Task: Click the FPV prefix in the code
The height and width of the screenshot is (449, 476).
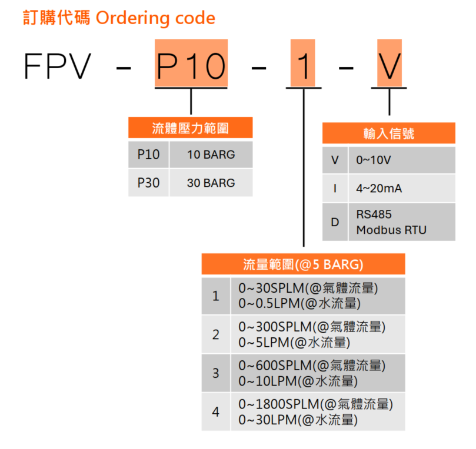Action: click(58, 66)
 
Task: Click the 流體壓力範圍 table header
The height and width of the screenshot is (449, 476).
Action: click(190, 128)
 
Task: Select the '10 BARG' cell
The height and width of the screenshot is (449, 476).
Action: click(211, 155)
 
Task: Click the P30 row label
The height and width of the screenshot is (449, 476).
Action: click(148, 183)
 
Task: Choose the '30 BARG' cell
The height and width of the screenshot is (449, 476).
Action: click(211, 183)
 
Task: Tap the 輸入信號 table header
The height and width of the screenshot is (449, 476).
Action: click(388, 133)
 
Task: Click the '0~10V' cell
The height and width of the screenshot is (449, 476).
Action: click(402, 160)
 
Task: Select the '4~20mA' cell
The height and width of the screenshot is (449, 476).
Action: click(402, 189)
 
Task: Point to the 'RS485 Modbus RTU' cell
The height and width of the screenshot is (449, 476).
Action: click(402, 222)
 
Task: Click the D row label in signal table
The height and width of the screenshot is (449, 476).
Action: click(335, 222)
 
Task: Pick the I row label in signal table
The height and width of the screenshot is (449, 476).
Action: click(335, 189)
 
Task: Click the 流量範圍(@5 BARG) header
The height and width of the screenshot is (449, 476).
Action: click(303, 264)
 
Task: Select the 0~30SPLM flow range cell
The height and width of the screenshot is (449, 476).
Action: click(317, 296)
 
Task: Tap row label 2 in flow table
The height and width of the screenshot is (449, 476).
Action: click(216, 334)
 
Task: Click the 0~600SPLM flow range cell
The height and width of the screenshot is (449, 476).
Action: click(317, 373)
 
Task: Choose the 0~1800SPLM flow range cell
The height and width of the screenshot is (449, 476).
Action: click(317, 411)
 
